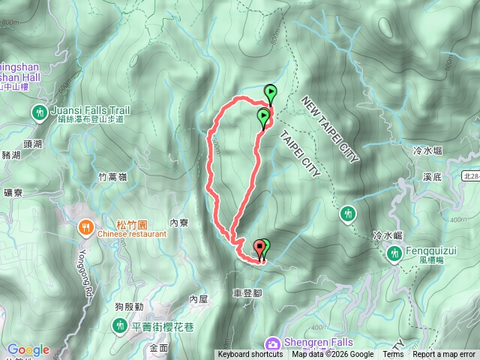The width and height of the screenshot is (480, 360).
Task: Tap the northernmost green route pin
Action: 270,93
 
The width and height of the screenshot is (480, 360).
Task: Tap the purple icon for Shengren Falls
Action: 274,343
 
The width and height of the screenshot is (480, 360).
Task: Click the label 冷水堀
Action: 428,151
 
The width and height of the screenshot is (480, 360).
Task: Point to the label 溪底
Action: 433,178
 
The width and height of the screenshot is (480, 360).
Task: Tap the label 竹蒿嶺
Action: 113,178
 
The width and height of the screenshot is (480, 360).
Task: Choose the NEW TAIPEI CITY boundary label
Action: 331,128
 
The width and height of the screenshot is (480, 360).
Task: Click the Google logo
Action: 28,349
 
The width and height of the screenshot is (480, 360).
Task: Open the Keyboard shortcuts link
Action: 250,355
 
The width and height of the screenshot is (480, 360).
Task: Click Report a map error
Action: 444,355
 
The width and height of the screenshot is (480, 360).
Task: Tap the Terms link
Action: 393,355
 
